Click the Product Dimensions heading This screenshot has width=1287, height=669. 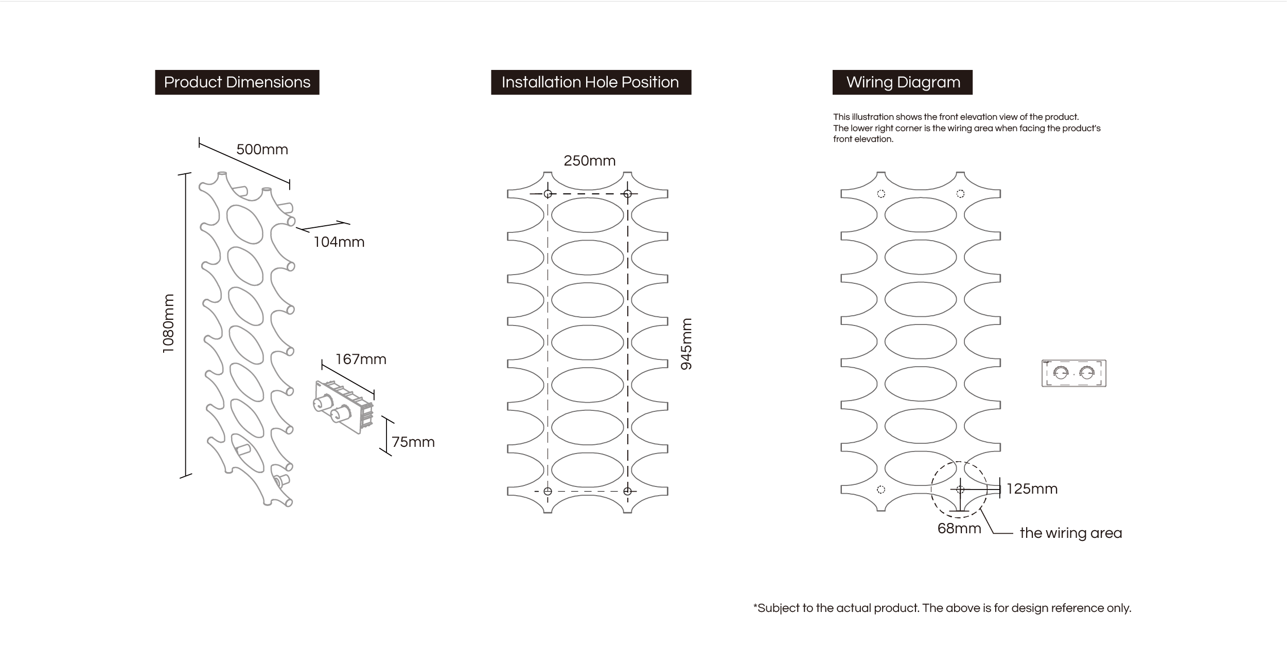(237, 82)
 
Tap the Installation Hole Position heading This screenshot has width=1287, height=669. (590, 82)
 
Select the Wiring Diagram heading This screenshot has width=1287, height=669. (903, 82)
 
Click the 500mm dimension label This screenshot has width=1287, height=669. (262, 150)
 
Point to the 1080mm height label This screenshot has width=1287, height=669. (168, 323)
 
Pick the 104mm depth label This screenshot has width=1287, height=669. (339, 242)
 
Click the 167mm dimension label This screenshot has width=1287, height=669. (361, 359)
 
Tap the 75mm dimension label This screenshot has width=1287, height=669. (413, 442)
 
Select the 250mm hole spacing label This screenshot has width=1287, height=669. (589, 161)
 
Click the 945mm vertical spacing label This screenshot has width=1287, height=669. (686, 344)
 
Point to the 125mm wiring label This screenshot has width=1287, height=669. (1032, 489)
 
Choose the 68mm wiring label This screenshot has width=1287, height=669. (959, 529)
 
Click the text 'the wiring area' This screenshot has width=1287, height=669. (1070, 533)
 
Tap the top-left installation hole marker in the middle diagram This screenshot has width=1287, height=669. (548, 194)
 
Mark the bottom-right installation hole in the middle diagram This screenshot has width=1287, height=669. (627, 491)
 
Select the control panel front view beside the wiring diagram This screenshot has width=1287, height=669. (1073, 373)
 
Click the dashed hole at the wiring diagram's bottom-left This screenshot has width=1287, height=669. (880, 490)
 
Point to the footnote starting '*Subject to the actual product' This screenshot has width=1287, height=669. (942, 608)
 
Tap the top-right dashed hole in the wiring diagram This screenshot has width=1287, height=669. (960, 194)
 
